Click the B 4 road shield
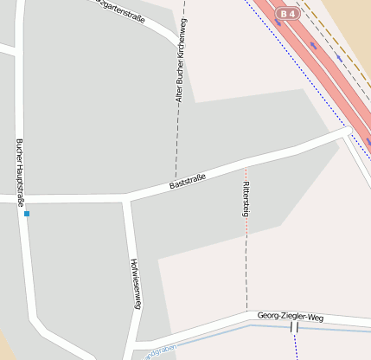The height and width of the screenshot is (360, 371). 287,14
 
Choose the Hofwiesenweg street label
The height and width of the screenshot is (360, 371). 134,283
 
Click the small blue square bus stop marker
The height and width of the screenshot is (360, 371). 27,213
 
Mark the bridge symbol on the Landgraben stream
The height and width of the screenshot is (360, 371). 294,328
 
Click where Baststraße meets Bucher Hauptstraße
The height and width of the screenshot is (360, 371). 21,199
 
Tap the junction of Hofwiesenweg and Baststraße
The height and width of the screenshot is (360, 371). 127,199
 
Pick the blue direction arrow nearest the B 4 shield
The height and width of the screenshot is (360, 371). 312,45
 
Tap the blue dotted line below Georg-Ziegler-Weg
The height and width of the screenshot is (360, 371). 296,345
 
